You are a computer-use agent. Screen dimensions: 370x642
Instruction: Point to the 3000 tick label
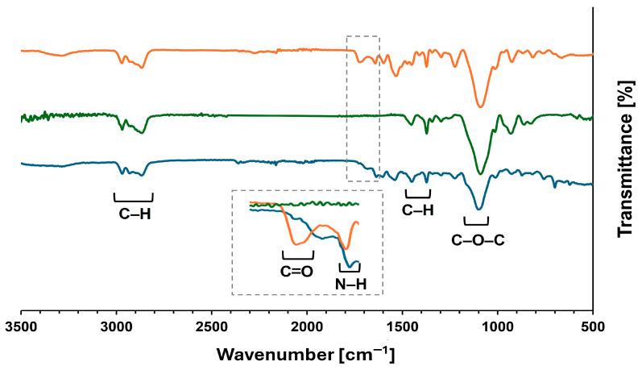pos(116,327)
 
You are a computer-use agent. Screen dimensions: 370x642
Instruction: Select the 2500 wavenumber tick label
pos(211,327)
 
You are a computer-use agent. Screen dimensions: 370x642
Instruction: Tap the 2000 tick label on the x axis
pos(306,327)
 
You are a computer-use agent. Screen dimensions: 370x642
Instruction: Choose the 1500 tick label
pos(402,327)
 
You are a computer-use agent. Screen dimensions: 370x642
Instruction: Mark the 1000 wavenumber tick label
pos(497,327)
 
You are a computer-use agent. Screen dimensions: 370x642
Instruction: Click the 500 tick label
pos(592,327)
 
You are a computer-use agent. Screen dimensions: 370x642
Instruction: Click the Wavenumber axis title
pos(306,354)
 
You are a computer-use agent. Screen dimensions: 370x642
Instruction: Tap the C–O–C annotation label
pos(478,239)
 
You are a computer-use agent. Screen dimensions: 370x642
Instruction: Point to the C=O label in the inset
pos(296,271)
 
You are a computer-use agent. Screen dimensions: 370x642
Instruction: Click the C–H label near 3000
pos(135,214)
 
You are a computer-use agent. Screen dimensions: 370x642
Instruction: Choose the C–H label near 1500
pos(418,210)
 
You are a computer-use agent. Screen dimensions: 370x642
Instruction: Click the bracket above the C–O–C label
pos(476,222)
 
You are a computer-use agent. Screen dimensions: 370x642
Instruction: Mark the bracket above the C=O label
pos(297,256)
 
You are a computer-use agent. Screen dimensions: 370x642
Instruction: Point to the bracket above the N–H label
pos(350,268)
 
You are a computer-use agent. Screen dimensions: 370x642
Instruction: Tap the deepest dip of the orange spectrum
pos(481,106)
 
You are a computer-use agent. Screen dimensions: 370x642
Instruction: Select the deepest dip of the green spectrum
pos(480,173)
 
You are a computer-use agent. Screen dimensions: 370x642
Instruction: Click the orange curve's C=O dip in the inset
pos(297,243)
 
